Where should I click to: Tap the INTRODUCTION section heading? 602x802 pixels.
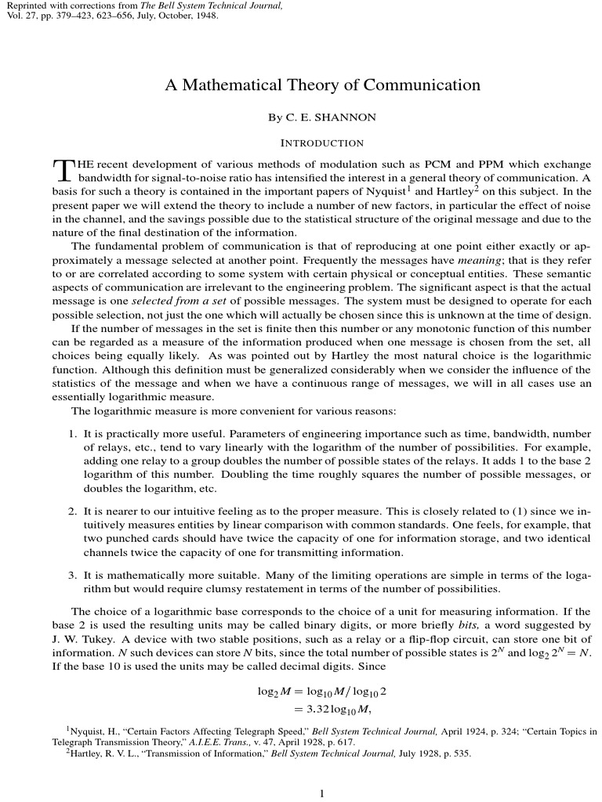[322, 143]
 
